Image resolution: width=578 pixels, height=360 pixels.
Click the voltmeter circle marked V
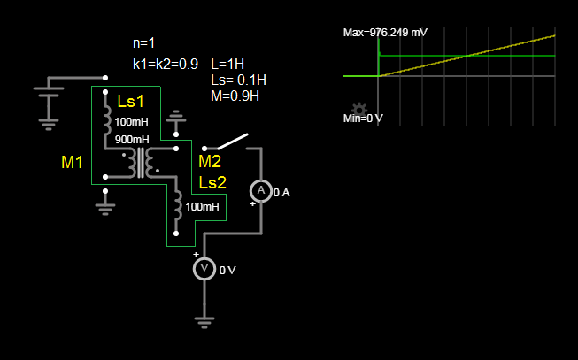pos(204,269)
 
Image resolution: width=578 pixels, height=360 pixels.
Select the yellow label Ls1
pos(130,102)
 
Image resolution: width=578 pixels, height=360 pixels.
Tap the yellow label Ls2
pos(212,182)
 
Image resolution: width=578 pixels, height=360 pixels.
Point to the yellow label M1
pos(72,163)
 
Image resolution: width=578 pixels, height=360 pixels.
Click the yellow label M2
pos(210,162)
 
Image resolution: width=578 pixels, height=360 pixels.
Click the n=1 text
pos(143,43)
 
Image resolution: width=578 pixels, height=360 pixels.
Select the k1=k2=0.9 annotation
pos(166,64)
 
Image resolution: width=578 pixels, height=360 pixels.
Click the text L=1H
pos(227,64)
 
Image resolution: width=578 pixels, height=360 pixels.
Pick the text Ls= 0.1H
pos(238,80)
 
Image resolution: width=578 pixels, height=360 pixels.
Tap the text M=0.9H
pos(235,96)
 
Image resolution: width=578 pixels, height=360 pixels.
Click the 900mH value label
pos(132,140)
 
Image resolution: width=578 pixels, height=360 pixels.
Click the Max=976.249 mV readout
pos(385,33)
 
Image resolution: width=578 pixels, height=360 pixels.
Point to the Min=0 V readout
pos(363,119)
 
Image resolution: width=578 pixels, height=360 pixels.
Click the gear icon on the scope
pos(359,109)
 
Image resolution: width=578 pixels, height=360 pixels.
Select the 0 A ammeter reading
pos(281,193)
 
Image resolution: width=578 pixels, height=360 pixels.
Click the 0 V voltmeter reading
pos(227,271)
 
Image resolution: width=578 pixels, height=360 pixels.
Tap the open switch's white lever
pos(233,142)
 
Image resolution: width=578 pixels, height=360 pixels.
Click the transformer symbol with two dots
pos(141,164)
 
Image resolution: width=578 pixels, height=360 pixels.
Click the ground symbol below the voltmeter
pos(204,323)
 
